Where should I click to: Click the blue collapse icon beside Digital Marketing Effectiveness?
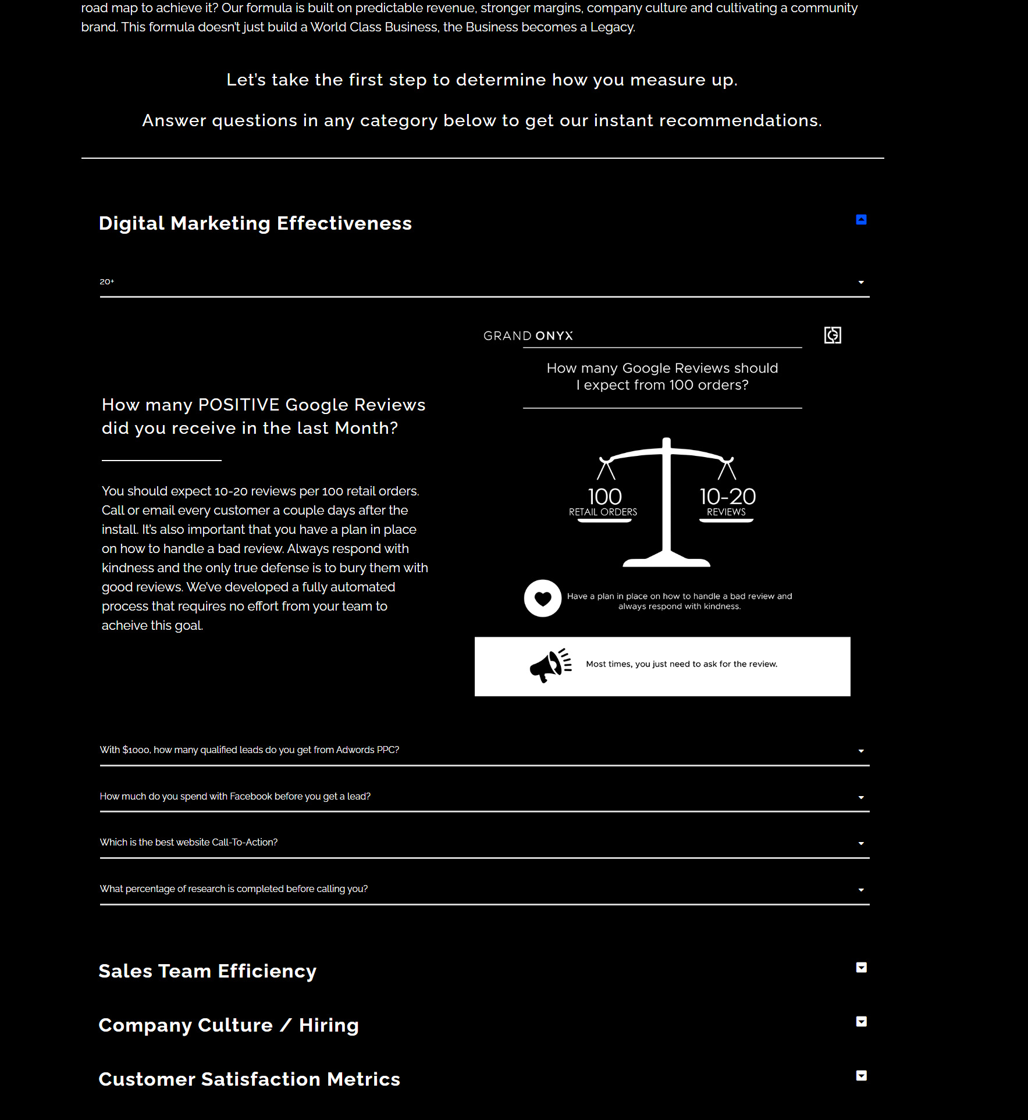click(x=861, y=220)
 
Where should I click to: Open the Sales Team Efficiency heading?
click(x=208, y=971)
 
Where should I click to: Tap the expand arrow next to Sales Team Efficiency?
click(x=861, y=968)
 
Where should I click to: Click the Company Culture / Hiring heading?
click(x=229, y=1025)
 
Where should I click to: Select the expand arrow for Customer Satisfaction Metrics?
click(x=861, y=1076)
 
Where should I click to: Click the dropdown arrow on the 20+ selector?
click(x=861, y=283)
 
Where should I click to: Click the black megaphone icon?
click(x=550, y=665)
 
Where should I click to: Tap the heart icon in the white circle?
click(x=542, y=598)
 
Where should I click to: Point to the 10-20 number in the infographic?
click(x=727, y=497)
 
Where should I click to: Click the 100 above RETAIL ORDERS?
click(x=604, y=497)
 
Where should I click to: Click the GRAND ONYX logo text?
click(x=528, y=336)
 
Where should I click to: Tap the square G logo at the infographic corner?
click(x=833, y=335)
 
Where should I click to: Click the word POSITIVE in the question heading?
click(x=239, y=405)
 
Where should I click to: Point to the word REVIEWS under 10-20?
click(x=726, y=512)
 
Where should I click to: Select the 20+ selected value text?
click(x=107, y=282)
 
